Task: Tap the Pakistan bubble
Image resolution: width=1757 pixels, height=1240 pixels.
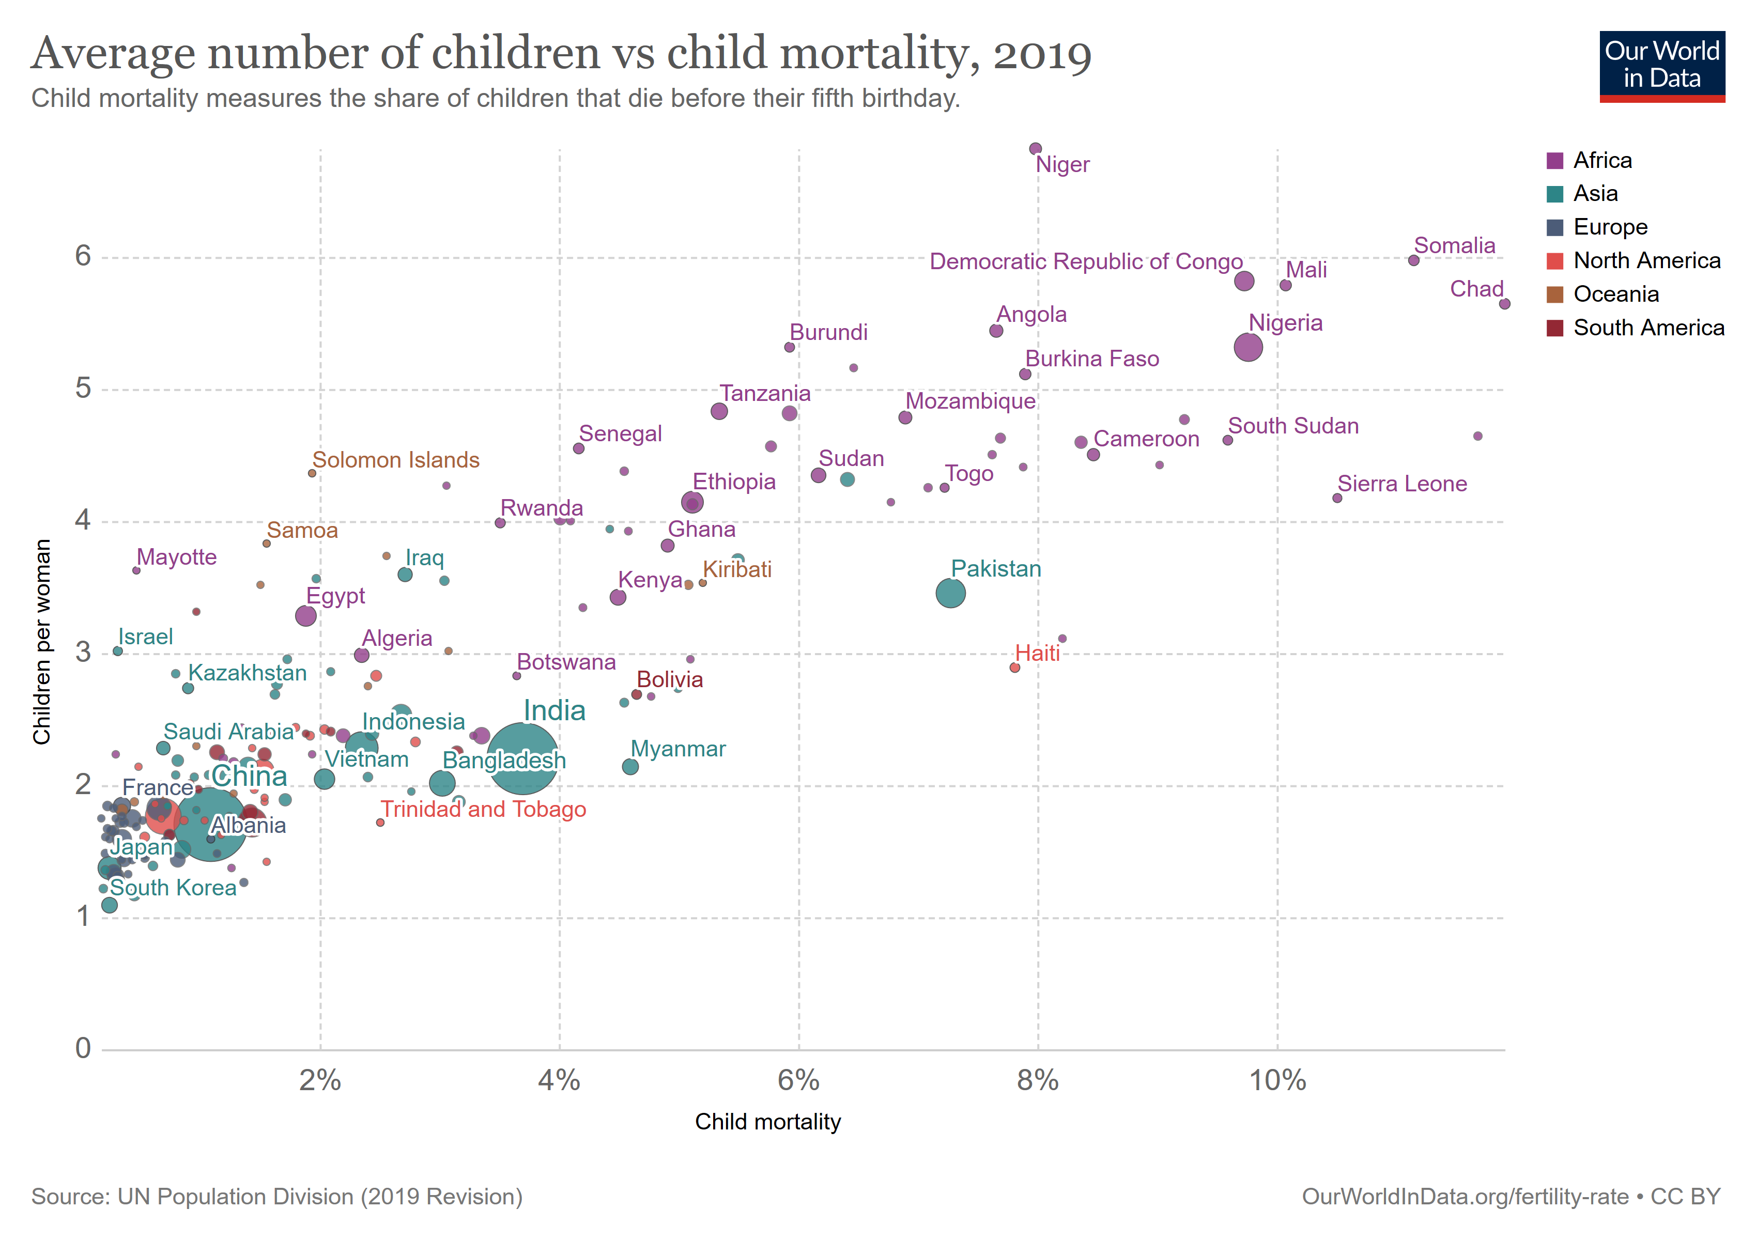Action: tap(950, 593)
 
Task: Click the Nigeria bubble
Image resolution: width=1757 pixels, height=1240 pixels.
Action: tap(1248, 347)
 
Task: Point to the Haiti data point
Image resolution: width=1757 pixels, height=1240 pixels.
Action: tap(1015, 668)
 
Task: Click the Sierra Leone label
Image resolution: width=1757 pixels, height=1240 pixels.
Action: tap(1402, 484)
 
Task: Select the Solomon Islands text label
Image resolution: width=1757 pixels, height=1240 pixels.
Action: tap(396, 460)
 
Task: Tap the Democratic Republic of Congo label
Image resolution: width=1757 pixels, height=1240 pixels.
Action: tap(1085, 261)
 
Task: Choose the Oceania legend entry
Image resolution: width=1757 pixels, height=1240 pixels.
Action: tap(1615, 295)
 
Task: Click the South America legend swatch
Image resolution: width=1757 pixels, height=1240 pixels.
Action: tap(1554, 328)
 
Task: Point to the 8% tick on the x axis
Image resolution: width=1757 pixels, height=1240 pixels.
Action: tap(1038, 1080)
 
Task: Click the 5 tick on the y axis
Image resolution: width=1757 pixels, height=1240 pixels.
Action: tap(83, 389)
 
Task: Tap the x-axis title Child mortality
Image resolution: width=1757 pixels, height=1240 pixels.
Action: tap(767, 1122)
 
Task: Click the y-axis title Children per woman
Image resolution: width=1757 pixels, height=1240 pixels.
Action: tap(41, 641)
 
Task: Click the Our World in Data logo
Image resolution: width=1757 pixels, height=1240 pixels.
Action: tap(1662, 66)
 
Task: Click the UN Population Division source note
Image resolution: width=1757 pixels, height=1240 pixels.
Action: tap(277, 1197)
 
